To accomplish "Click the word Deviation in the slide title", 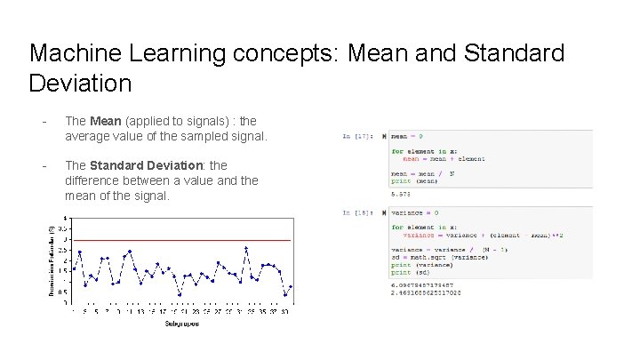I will click(80, 84).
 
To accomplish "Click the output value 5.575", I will click(402, 193).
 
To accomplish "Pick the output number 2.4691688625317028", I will click(427, 292).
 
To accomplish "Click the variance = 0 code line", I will click(415, 213).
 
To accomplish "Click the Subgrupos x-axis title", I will click(181, 324).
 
